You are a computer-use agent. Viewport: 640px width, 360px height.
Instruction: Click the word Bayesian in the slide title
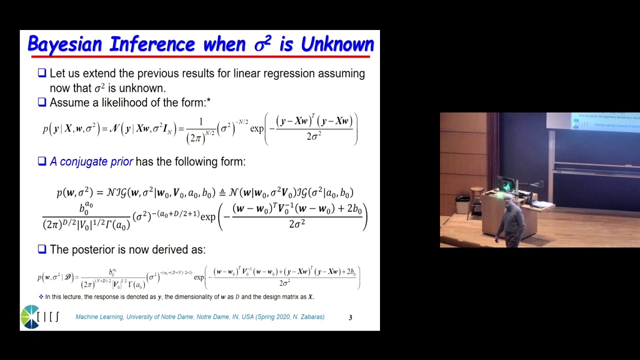[65, 44]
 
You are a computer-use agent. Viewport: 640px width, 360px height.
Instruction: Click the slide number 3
[350, 317]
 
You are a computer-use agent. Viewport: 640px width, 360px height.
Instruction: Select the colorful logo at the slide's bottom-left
[30, 316]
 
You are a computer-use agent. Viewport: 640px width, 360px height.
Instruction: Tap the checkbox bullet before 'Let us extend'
[42, 73]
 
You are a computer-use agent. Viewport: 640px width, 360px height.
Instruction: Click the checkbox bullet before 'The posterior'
[42, 249]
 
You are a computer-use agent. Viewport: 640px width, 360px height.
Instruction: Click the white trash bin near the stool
[462, 205]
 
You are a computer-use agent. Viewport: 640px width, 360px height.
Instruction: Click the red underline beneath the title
[200, 56]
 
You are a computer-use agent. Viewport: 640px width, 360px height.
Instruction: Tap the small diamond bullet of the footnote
[41, 296]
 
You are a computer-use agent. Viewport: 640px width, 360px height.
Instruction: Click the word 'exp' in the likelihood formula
[256, 128]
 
